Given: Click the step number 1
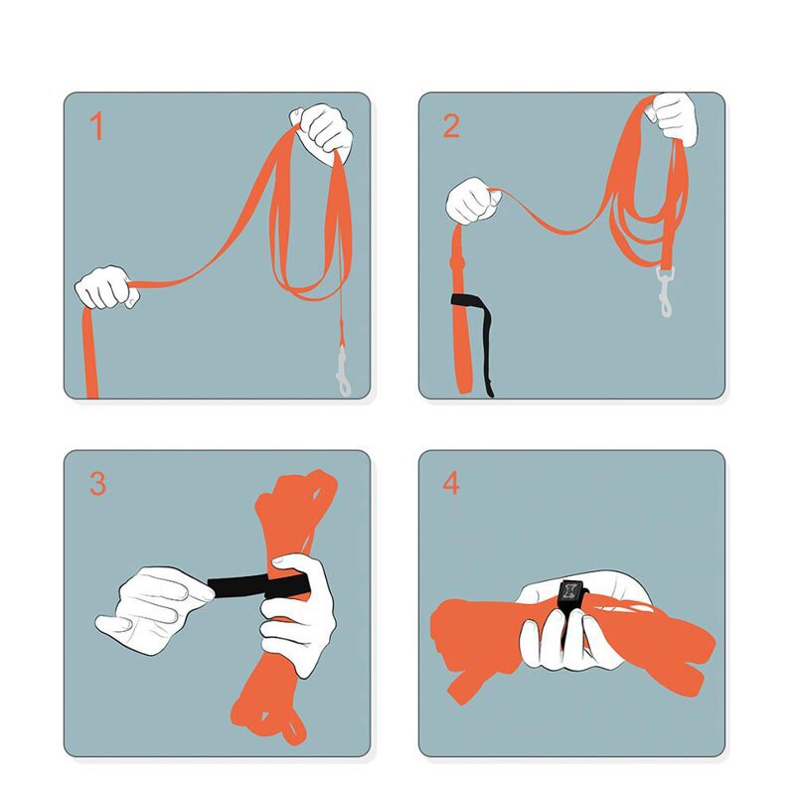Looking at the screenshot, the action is pyautogui.click(x=96, y=126).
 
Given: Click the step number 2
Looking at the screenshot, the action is pyautogui.click(x=451, y=126).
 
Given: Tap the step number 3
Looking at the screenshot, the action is pyautogui.click(x=97, y=483).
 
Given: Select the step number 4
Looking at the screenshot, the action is pyautogui.click(x=451, y=483).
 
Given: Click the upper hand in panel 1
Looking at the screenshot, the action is pyautogui.click(x=322, y=131).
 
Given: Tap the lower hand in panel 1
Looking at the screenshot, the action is pyautogui.click(x=106, y=287).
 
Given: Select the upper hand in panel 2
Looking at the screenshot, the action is pyautogui.click(x=673, y=119).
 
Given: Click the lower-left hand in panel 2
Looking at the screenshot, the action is pyautogui.click(x=473, y=201).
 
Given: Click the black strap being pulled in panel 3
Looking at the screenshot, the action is pyautogui.click(x=258, y=585).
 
